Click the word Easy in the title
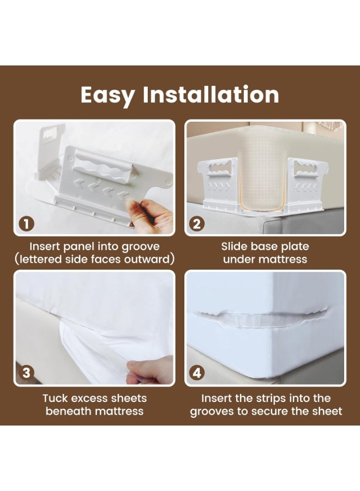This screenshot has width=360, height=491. (107, 95)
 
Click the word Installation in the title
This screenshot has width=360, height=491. (211, 94)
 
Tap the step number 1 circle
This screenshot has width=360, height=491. (26, 223)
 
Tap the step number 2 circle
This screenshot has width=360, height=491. (198, 223)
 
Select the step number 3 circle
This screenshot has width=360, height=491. (26, 373)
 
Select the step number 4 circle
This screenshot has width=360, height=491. (198, 373)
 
